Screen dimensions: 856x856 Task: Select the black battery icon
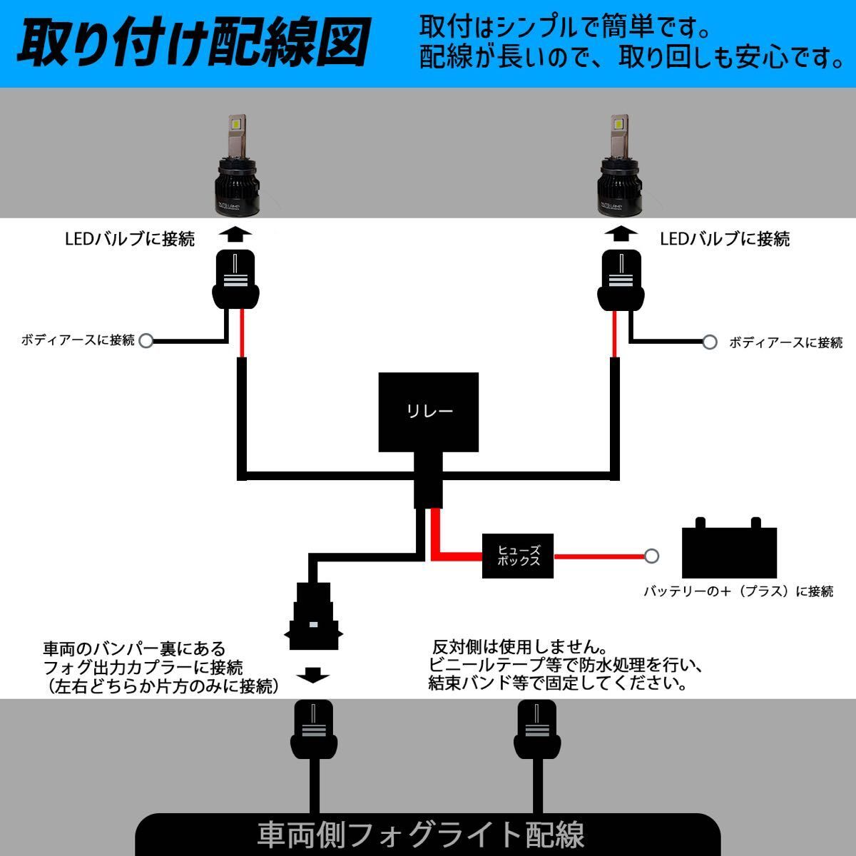(x=728, y=549)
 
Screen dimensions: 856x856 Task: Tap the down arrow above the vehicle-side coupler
(x=312, y=674)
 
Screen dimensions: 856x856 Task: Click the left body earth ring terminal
(x=146, y=341)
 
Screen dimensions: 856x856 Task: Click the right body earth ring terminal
(x=710, y=342)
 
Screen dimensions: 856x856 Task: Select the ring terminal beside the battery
(x=651, y=556)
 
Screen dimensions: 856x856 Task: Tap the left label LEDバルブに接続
(x=129, y=239)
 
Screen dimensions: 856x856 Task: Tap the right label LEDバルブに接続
(x=725, y=239)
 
